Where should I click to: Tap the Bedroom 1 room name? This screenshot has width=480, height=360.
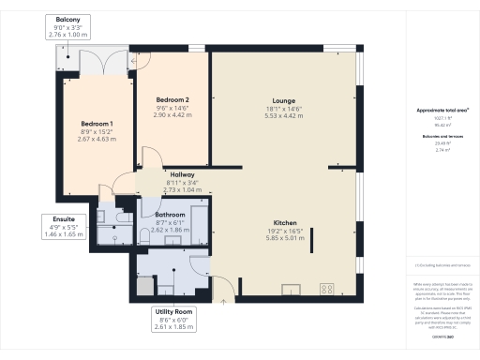pos(97,124)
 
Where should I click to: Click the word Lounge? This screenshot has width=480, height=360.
pos(284,100)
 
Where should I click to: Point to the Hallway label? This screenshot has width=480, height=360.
pos(182,174)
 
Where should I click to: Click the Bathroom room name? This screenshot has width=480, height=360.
pos(170,215)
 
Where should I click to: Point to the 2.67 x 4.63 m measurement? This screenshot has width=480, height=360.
pos(97,140)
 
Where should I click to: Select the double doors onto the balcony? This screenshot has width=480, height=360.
pos(97,64)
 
